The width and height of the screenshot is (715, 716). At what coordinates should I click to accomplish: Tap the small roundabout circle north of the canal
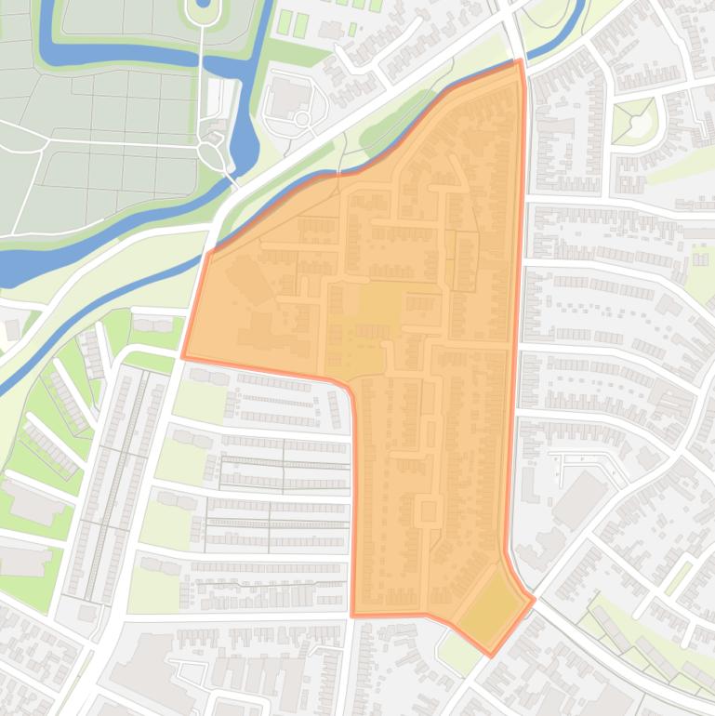(302, 120)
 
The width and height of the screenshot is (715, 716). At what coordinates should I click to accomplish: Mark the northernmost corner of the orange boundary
(519, 61)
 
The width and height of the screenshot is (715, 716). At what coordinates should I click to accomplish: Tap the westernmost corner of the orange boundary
(183, 355)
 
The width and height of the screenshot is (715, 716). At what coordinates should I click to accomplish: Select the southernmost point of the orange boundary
(491, 656)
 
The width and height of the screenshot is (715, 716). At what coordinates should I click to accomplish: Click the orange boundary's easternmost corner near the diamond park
(534, 599)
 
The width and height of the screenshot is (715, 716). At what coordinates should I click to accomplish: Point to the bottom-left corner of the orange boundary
(353, 615)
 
